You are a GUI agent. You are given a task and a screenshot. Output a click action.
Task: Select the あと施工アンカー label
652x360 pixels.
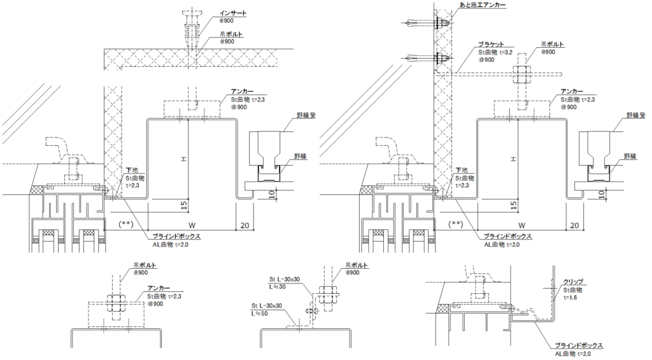point(483,5)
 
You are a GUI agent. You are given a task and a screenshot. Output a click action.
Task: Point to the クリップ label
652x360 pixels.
point(573,281)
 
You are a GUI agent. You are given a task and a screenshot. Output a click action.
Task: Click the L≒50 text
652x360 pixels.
point(261,313)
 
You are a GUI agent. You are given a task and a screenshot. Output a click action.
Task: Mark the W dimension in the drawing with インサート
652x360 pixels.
point(192,225)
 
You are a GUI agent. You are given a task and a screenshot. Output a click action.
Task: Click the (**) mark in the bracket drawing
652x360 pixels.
point(456,224)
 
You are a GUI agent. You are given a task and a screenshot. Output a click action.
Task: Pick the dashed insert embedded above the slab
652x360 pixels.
point(190,24)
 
